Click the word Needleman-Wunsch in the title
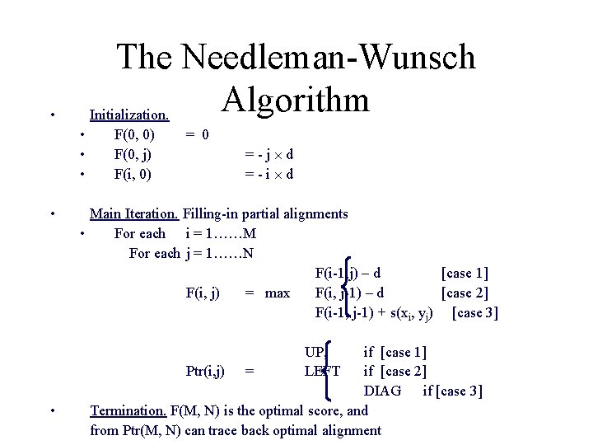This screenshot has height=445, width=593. coord(329,58)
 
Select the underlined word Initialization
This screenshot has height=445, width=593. coord(129,114)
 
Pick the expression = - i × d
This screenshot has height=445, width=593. coord(269,174)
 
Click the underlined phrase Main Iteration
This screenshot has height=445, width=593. coord(133,214)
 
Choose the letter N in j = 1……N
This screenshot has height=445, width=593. coord(248,253)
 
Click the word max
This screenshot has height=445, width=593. coord(278,293)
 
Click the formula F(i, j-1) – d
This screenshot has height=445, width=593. coord(349,293)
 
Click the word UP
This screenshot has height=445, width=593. coord(314,353)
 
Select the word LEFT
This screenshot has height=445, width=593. coord(321,372)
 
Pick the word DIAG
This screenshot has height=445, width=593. coord(383,390)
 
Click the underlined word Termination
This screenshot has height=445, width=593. coord(128,410)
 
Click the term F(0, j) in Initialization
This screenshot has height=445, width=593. coord(134,153)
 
